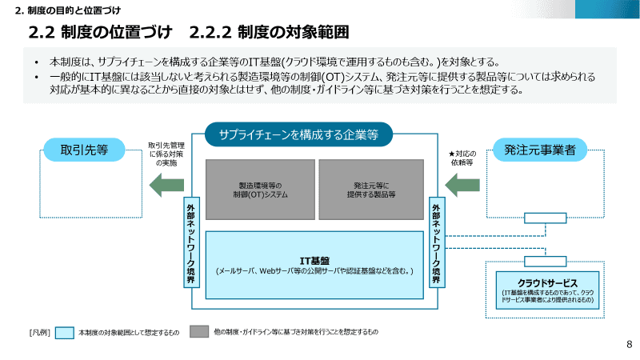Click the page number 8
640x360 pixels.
[x=629, y=345]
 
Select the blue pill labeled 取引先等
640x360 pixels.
[x=86, y=149]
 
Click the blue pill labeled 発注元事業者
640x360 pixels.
[x=541, y=149]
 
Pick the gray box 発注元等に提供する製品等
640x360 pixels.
[x=371, y=190]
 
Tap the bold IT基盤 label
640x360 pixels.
[x=314, y=261]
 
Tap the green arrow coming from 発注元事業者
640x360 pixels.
[x=462, y=186]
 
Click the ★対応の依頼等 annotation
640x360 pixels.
[x=462, y=157]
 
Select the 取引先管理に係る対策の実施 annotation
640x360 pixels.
[x=166, y=154]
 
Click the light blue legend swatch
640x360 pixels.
[x=64, y=331]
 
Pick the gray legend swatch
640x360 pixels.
[x=199, y=331]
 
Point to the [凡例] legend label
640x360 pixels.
[x=39, y=332]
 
